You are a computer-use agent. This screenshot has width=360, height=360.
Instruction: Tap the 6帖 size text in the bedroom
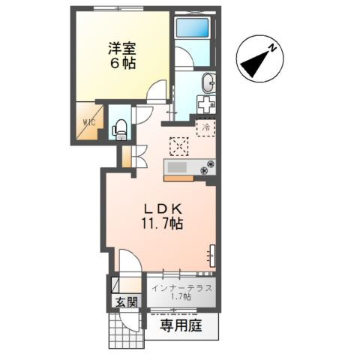point(119,63)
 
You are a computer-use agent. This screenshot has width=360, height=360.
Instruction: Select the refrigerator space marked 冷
point(205,127)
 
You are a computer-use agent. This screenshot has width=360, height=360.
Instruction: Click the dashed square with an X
point(178,145)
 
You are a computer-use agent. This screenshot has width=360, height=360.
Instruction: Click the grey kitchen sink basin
point(179,166)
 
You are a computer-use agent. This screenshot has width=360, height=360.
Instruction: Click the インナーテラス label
point(181,287)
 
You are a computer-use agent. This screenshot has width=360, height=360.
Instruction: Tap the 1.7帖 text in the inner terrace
point(181,297)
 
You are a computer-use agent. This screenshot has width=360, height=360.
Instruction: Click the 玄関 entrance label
point(125,302)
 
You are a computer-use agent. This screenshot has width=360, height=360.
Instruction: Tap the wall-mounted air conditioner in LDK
point(212,255)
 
